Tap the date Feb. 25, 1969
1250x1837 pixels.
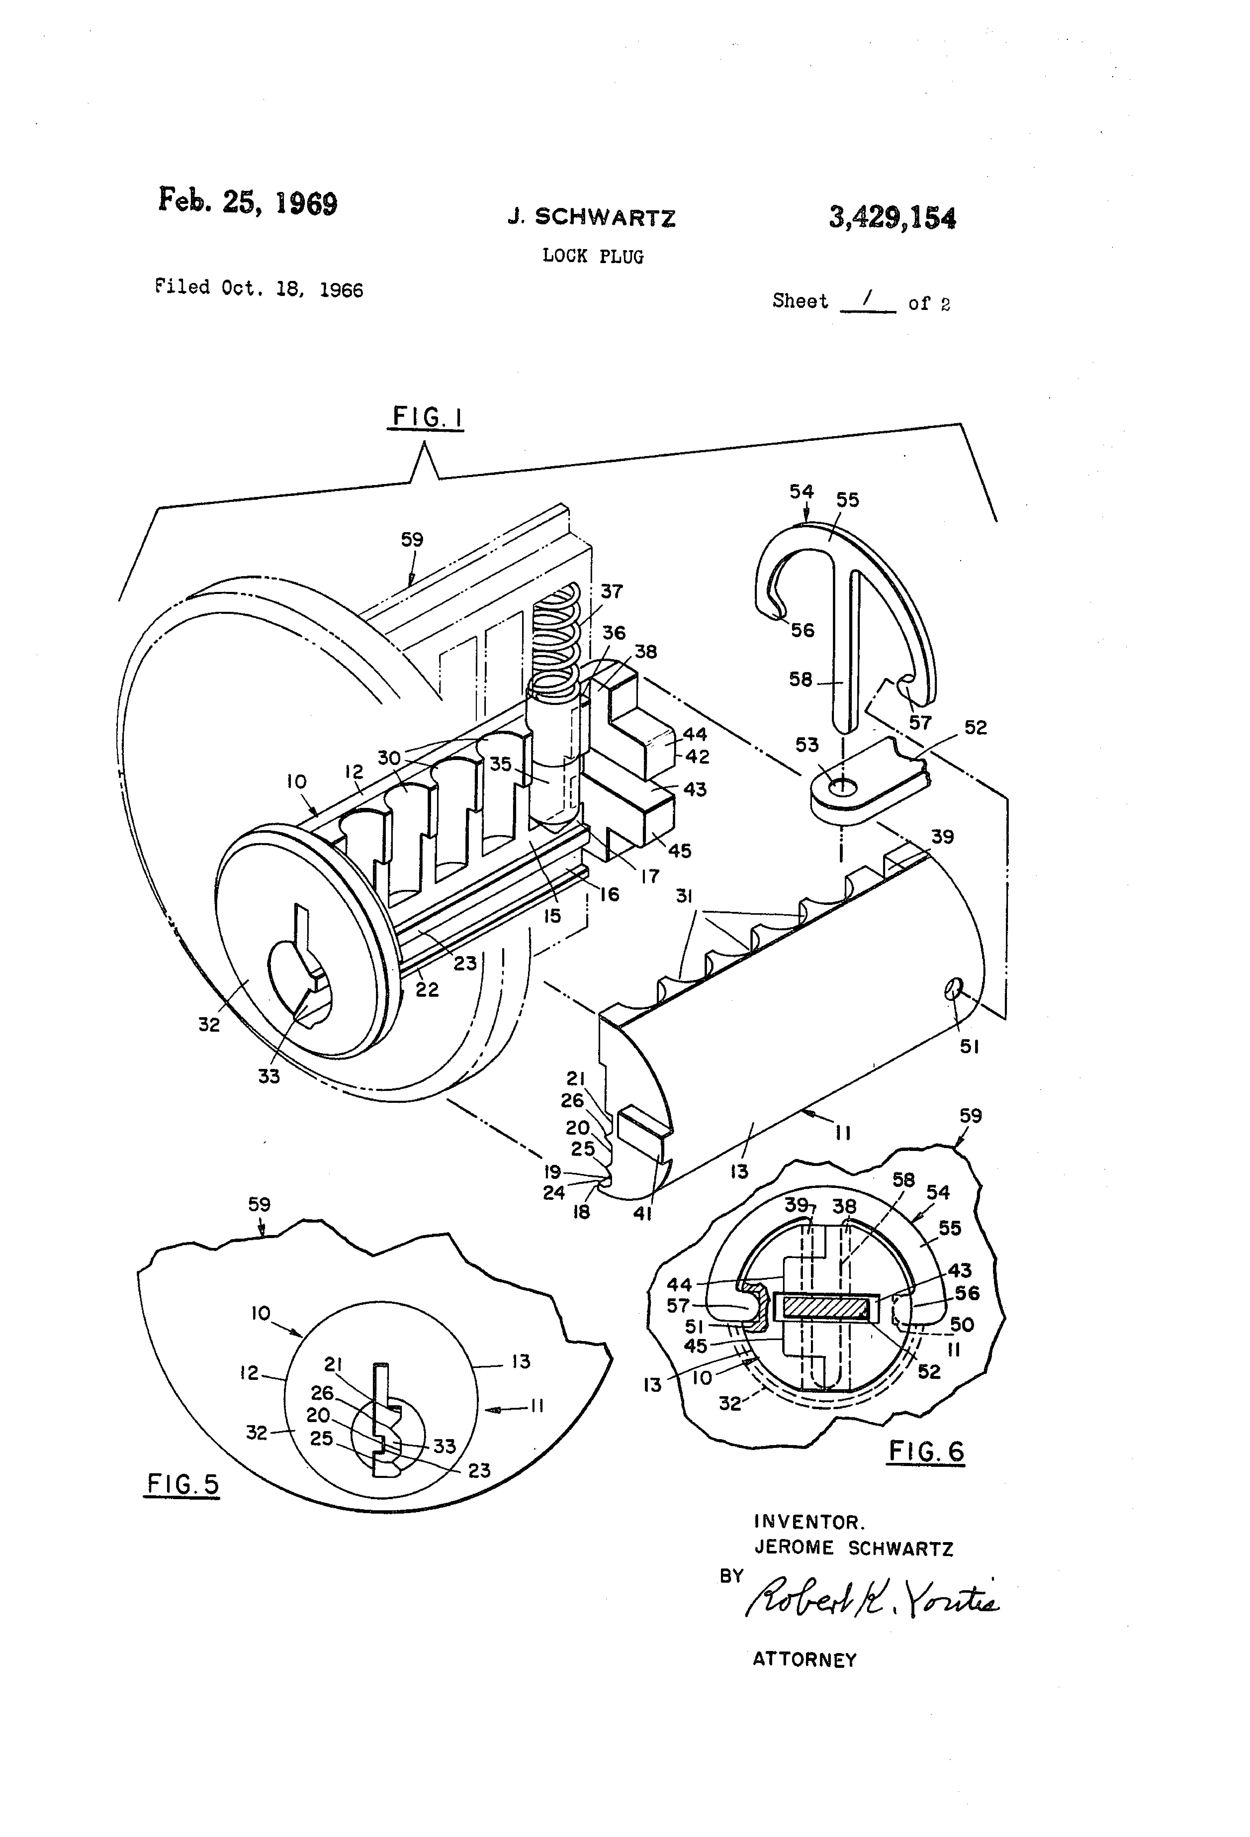point(248,202)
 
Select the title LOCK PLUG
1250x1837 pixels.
point(593,256)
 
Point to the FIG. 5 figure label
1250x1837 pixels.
point(183,1484)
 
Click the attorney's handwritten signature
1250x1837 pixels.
point(871,1601)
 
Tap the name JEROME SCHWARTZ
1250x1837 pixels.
point(853,1548)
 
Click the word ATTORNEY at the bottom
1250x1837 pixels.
point(804,1660)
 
